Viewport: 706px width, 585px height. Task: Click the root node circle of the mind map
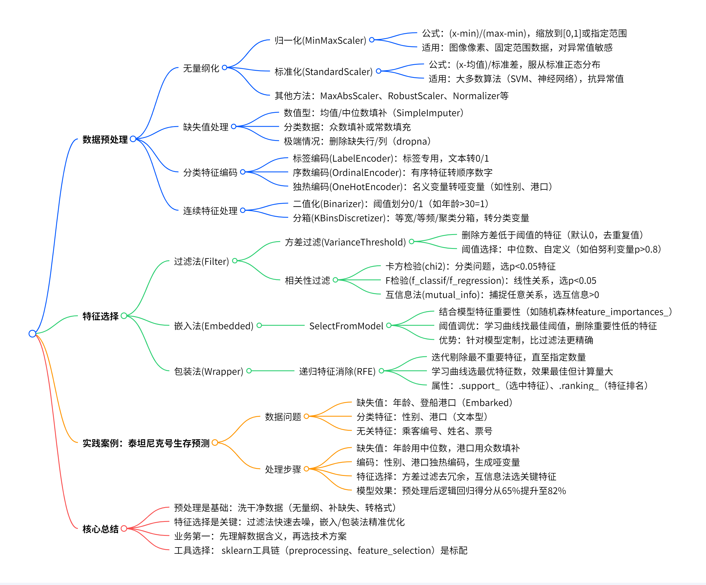[32, 333]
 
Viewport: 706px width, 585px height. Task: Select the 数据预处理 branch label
[105, 140]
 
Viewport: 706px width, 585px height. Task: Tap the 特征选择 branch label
[101, 316]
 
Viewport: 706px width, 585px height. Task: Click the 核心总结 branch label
[101, 529]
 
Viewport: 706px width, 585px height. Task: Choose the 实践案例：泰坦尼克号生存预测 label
[146, 443]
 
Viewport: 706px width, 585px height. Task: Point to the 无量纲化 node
[201, 68]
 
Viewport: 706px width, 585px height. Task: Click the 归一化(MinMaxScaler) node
[320, 41]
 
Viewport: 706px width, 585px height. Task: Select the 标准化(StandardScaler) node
[323, 72]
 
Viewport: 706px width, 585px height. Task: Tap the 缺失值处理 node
[205, 127]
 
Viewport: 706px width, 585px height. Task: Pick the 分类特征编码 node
[210, 172]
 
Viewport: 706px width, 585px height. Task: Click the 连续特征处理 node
[210, 211]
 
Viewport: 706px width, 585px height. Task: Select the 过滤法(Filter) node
[201, 261]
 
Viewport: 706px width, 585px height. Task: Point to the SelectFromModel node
[346, 326]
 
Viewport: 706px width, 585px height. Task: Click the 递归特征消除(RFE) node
[337, 371]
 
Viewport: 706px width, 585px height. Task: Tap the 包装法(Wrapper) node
[208, 371]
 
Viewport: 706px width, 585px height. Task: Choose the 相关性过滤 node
[307, 280]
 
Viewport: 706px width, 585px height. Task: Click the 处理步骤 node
[283, 469]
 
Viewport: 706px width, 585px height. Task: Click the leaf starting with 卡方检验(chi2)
[470, 267]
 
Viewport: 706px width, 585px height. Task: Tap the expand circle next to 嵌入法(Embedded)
[259, 325]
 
